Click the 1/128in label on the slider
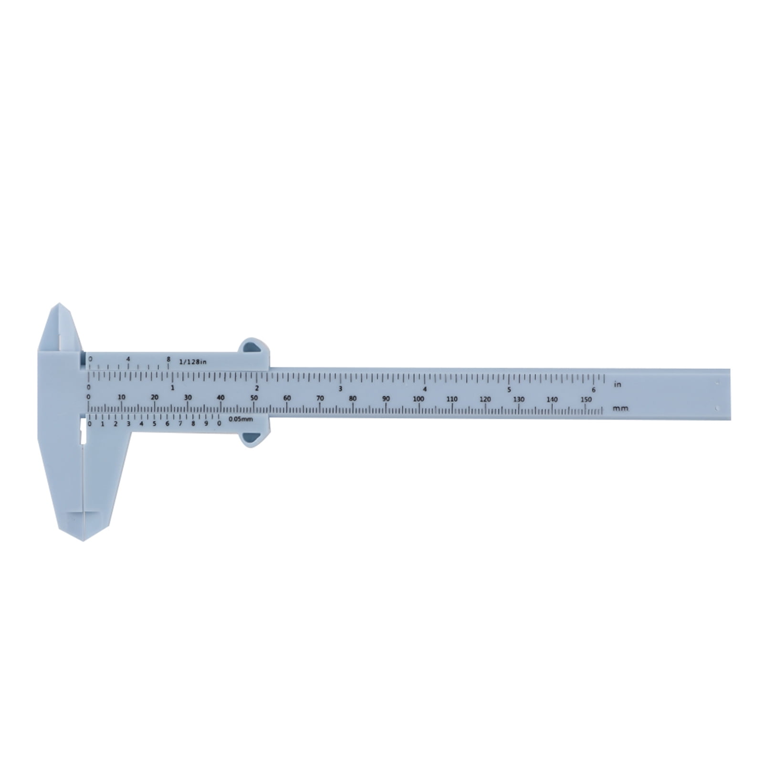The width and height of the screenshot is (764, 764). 192,361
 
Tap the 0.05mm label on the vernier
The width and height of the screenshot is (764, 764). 240,419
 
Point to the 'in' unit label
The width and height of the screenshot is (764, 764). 618,384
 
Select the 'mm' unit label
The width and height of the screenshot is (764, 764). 621,408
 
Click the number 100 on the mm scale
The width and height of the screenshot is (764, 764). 419,399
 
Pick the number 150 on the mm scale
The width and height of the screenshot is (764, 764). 586,399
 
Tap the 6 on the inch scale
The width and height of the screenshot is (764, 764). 594,389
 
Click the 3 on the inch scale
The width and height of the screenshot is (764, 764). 340,388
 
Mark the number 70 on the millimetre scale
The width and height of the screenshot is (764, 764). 320,398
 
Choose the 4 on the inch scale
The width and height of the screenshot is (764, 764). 425,389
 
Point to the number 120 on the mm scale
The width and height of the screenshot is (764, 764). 485,399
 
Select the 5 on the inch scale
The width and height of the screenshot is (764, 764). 509,389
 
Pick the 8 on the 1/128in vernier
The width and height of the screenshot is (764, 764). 168,359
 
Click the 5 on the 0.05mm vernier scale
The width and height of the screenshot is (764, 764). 154,423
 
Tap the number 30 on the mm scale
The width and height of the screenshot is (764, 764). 188,397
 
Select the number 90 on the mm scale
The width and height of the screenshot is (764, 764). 386,399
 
